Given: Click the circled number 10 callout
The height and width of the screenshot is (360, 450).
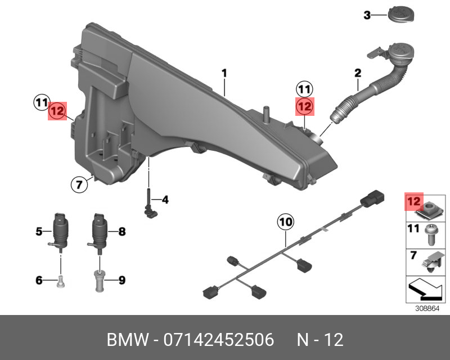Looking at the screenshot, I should click(x=285, y=223).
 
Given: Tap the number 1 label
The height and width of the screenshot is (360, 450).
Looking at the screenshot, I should click(x=224, y=73).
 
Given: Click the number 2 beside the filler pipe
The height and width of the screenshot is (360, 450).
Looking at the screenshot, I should click(x=357, y=73).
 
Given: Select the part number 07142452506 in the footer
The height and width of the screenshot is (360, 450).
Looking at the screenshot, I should click(x=218, y=340).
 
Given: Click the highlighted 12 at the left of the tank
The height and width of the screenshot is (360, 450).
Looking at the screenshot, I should click(x=57, y=111).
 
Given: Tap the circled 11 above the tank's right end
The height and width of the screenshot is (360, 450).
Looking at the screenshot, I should click(x=304, y=88).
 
